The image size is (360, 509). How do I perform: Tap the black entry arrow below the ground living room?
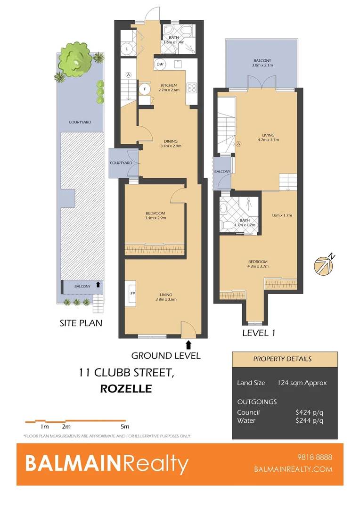coord(188,345)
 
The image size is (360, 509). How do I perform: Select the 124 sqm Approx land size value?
coord(302,383)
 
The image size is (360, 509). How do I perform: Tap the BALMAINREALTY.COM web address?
coord(293,469)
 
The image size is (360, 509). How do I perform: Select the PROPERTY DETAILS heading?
coord(282,359)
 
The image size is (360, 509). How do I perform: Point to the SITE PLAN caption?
coord(81,323)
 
